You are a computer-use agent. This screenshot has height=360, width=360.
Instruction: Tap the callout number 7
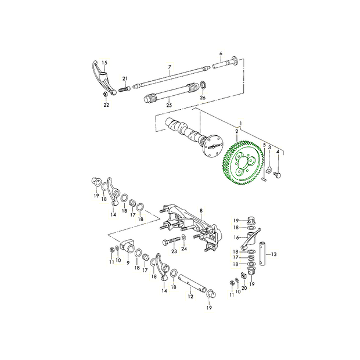click(x=170, y=67)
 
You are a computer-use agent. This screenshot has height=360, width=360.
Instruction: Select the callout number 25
click(x=169, y=105)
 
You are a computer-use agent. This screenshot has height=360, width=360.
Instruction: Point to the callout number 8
click(x=201, y=210)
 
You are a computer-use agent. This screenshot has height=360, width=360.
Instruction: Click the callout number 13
click(x=274, y=254)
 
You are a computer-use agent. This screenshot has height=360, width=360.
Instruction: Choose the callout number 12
click(x=190, y=296)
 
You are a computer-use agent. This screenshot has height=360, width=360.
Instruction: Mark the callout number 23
click(x=174, y=251)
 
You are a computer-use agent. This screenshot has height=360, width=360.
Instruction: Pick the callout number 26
click(x=203, y=98)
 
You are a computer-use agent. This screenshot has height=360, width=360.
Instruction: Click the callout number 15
click(x=105, y=63)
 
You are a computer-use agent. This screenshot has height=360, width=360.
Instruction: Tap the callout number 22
click(x=106, y=105)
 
